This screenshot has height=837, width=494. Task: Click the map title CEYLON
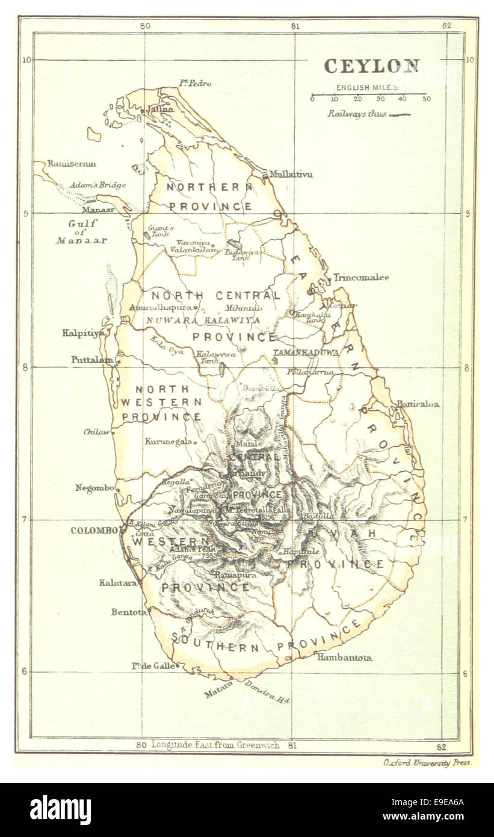pyautogui.click(x=371, y=66)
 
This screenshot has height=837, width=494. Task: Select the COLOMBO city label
pyautogui.click(x=94, y=531)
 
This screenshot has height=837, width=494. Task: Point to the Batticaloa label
pyautogui.click(x=417, y=404)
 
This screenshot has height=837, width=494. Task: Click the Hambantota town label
pyautogui.click(x=344, y=658)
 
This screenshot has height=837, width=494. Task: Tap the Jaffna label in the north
pyautogui.click(x=161, y=110)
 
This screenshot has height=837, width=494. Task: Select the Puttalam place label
pyautogui.click(x=91, y=359)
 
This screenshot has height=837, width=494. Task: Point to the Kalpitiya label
pyautogui.click(x=83, y=332)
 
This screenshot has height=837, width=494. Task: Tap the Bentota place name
pyautogui.click(x=128, y=612)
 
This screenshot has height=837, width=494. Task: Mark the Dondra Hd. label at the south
pyautogui.click(x=267, y=692)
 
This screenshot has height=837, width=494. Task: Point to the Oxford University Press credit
pyautogui.click(x=427, y=762)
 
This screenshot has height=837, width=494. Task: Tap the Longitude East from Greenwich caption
pyautogui.click(x=215, y=745)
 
